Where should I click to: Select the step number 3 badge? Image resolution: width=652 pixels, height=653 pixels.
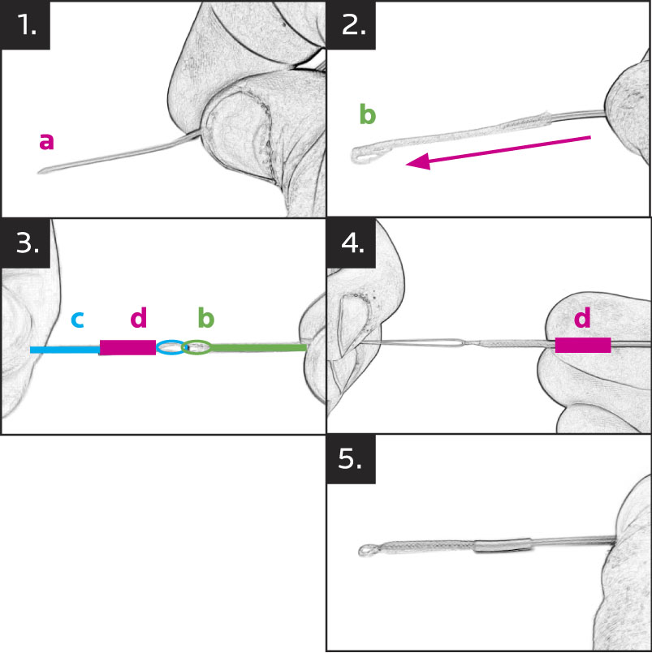tap(27, 243)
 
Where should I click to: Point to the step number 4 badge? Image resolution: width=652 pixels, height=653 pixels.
tap(352, 243)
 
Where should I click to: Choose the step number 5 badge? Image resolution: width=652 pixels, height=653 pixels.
tap(352, 460)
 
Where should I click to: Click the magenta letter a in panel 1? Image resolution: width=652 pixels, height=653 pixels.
tap(46, 141)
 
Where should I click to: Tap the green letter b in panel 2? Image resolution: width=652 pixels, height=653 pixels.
tap(368, 114)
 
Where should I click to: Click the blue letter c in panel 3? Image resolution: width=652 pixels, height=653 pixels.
tap(77, 319)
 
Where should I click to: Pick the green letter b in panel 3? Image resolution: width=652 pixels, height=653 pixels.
tap(205, 319)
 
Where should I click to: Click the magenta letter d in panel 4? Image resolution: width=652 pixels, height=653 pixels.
tap(582, 319)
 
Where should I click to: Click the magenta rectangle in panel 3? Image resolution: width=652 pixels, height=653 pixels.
tap(127, 348)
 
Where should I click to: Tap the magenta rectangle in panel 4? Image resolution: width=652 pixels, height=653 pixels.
tap(582, 346)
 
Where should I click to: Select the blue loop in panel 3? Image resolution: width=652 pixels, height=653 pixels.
tap(170, 348)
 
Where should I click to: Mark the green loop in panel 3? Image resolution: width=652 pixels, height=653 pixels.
tap(196, 348)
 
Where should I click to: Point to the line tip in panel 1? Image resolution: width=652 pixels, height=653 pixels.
tap(41, 171)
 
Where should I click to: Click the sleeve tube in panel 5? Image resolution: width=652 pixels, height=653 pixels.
tap(501, 546)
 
